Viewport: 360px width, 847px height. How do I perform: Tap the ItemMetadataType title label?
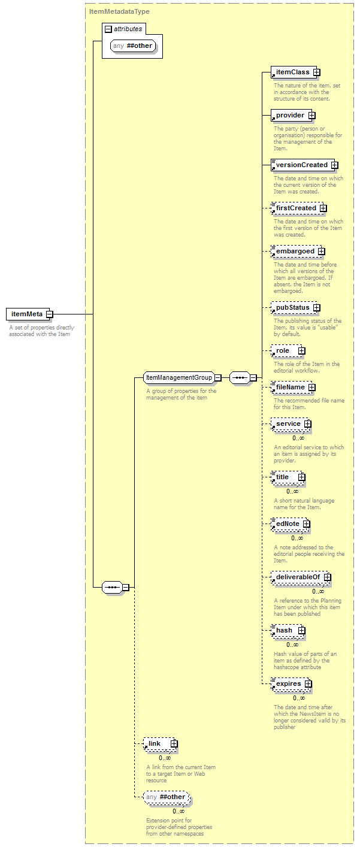click(119, 11)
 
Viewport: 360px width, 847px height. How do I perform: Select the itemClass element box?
click(295, 72)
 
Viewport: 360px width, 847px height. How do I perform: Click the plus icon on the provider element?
click(311, 116)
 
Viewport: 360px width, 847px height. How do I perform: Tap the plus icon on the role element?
click(301, 351)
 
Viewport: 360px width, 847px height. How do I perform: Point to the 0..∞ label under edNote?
click(297, 538)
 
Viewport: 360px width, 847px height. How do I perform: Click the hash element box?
click(287, 630)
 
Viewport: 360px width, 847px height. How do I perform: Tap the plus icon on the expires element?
click(308, 684)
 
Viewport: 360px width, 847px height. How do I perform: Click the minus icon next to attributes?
click(108, 29)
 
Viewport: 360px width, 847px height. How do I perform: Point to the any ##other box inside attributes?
click(133, 46)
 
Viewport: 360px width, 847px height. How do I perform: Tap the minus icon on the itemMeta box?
click(50, 314)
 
